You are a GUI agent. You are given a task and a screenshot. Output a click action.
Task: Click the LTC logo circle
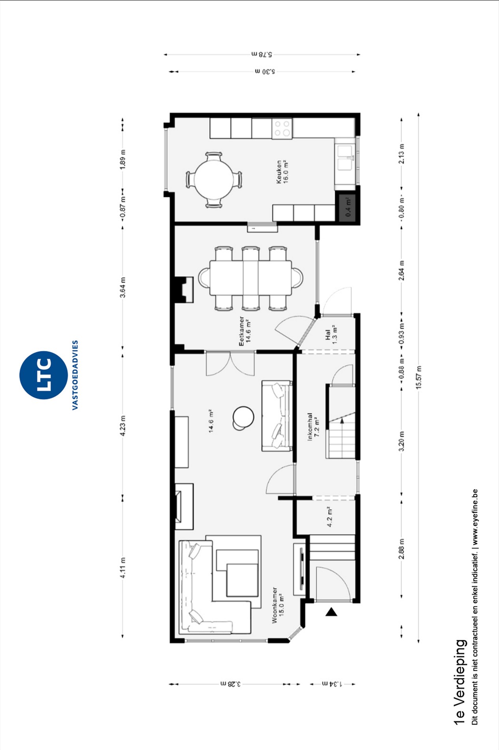coord(43,375)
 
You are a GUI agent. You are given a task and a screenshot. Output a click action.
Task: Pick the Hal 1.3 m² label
coord(331,335)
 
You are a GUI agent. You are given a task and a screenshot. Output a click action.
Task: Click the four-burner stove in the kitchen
coord(282,128)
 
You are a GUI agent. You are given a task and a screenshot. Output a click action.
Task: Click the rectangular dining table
coord(251,278)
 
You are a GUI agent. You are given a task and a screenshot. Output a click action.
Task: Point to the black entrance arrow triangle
coord(331,612)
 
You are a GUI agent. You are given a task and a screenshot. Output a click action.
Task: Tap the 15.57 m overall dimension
coord(419,377)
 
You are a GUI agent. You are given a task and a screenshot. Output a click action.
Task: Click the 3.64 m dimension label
coord(123,287)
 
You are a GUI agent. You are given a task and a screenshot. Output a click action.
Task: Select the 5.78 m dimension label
coord(262,54)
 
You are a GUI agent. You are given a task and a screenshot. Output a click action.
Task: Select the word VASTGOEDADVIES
coord(75,375)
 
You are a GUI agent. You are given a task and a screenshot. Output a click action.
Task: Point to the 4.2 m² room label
coord(330,517)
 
